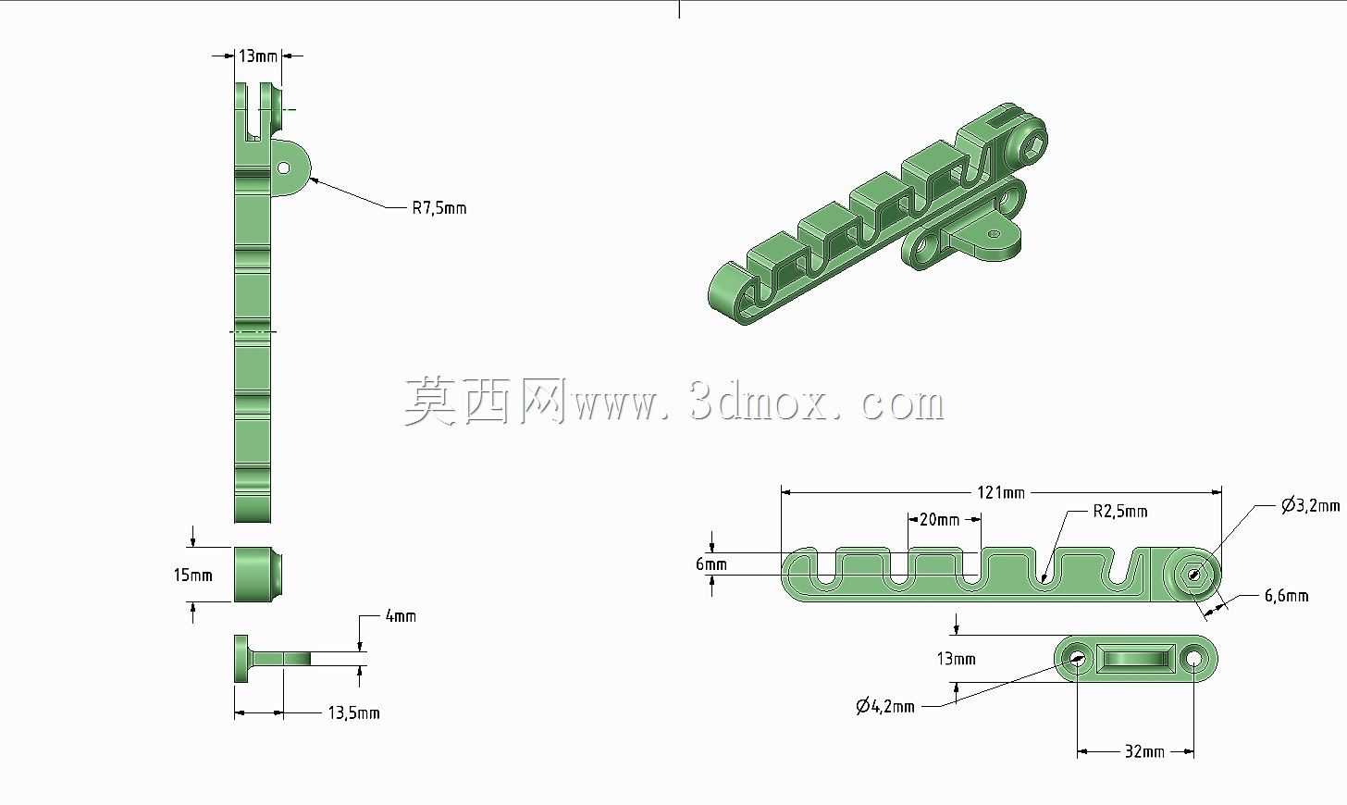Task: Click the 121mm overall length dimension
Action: pyautogui.click(x=1001, y=493)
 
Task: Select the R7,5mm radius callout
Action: pyautogui.click(x=439, y=208)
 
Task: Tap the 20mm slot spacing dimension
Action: pyautogui.click(x=939, y=519)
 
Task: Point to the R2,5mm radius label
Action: pyautogui.click(x=1119, y=512)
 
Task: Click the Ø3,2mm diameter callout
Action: pyautogui.click(x=1310, y=505)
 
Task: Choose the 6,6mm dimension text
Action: pyautogui.click(x=1286, y=596)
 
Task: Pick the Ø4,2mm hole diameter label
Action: pyautogui.click(x=885, y=706)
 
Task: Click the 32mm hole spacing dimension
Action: pyautogui.click(x=1144, y=751)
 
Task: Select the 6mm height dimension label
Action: pyautogui.click(x=711, y=564)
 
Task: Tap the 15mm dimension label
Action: pyautogui.click(x=193, y=576)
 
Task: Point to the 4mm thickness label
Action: pyautogui.click(x=401, y=616)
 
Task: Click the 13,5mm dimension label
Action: pyautogui.click(x=353, y=713)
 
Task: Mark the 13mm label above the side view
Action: pyautogui.click(x=258, y=56)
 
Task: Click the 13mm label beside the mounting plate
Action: pyautogui.click(x=957, y=659)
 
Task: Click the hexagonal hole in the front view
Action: pyautogui.click(x=1193, y=576)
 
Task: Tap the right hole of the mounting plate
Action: pyautogui.click(x=1193, y=660)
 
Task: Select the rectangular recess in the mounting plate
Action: pyautogui.click(x=1135, y=659)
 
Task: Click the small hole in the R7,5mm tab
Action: pyautogui.click(x=284, y=167)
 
